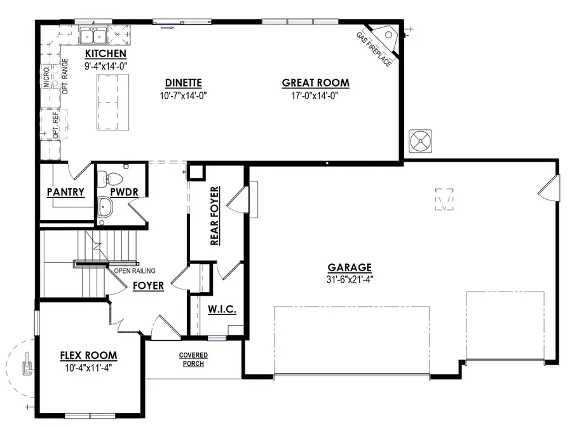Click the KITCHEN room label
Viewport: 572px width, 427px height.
(x=106, y=53)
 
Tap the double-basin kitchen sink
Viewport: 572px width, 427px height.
(x=93, y=36)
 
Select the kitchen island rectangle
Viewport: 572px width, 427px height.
(x=112, y=102)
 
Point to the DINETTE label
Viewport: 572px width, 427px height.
(x=184, y=83)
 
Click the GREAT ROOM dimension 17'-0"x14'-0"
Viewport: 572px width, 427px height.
(x=315, y=96)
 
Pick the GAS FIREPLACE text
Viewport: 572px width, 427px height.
(x=374, y=50)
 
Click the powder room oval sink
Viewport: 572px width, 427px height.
(x=106, y=207)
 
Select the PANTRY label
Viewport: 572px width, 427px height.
(x=65, y=192)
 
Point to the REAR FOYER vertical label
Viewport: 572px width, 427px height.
(x=215, y=216)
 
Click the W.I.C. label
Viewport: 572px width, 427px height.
(x=222, y=309)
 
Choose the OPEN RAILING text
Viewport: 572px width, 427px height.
(x=135, y=270)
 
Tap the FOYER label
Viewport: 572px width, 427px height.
(x=148, y=286)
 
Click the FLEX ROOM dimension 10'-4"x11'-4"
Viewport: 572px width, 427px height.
(x=88, y=368)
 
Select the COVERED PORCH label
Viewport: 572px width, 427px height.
(x=193, y=360)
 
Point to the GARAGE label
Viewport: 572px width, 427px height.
(x=350, y=267)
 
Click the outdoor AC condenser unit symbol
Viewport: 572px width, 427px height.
(x=420, y=141)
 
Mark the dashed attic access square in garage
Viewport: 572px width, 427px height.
(x=444, y=199)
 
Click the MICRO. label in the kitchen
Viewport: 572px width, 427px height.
(x=46, y=77)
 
